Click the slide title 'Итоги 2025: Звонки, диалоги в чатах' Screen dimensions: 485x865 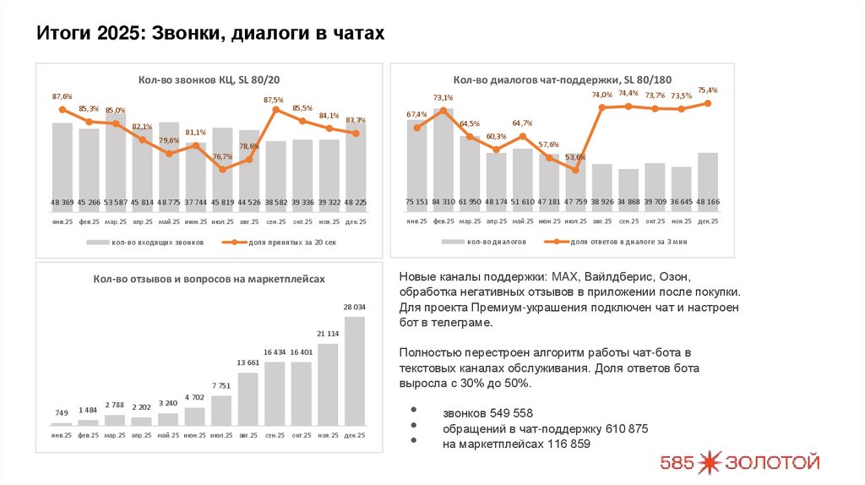210,34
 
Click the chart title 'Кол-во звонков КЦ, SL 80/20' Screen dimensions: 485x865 209,79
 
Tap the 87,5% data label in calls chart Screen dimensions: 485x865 274,100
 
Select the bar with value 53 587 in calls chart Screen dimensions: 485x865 116,169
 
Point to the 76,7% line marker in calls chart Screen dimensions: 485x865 223,169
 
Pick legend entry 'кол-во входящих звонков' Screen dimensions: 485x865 153,242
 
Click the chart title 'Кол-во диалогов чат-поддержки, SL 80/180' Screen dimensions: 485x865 563,79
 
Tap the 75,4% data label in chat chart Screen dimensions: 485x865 707,90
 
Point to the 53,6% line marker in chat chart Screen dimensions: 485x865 575,170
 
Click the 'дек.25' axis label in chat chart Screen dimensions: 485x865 707,221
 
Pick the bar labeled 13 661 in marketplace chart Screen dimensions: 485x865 248,398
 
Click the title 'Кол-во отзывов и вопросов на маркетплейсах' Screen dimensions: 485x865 209,278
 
